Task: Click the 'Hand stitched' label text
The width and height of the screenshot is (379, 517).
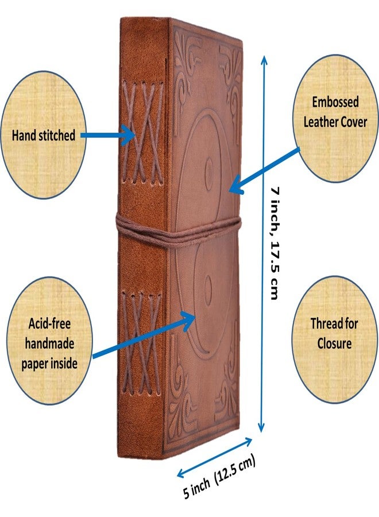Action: point(44,136)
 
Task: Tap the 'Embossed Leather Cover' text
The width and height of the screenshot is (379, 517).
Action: point(335,112)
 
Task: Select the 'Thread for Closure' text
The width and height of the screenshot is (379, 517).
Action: point(334,334)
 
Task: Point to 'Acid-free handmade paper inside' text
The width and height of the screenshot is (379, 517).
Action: point(49,344)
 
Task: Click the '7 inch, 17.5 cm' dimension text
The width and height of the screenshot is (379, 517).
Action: point(276,244)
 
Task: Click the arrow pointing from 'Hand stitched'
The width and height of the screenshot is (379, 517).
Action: point(108,135)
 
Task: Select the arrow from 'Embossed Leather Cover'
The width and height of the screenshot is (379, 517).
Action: point(264,171)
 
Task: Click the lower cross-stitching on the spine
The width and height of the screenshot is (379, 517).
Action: point(141,344)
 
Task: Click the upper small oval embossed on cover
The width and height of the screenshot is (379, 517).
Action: point(208,171)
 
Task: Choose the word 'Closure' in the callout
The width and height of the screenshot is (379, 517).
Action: point(334,344)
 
